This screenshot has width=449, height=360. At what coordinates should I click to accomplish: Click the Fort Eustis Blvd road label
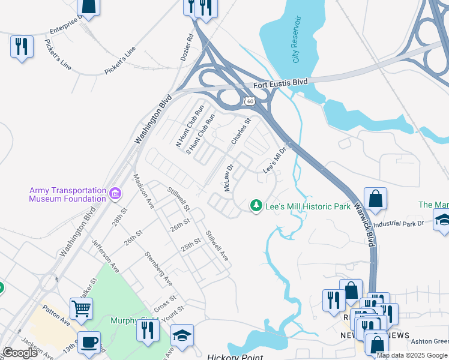tap(280, 83)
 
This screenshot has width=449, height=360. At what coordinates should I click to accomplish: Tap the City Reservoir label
tap(296, 40)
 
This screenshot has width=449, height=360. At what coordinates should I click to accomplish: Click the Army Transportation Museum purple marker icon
tap(115, 194)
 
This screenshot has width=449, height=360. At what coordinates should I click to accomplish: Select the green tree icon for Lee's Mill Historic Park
tap(256, 206)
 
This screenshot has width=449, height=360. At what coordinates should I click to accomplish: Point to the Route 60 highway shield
tap(249, 101)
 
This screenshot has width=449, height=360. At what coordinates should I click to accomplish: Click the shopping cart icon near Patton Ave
tap(82, 309)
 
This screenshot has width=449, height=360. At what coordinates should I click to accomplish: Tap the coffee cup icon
tap(89, 342)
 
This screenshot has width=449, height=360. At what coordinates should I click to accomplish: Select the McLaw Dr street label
tap(228, 178)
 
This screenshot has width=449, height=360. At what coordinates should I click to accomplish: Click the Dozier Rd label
tap(187, 47)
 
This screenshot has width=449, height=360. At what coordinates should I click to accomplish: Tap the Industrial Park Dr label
tap(399, 223)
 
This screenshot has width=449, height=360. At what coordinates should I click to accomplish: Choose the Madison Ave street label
tap(145, 190)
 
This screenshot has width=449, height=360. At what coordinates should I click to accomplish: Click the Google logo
tap(20, 353)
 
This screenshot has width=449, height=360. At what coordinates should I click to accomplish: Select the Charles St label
tap(241, 131)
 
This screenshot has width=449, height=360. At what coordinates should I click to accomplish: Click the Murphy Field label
tap(124, 320)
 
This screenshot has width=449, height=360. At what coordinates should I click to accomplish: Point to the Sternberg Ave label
tap(158, 268)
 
